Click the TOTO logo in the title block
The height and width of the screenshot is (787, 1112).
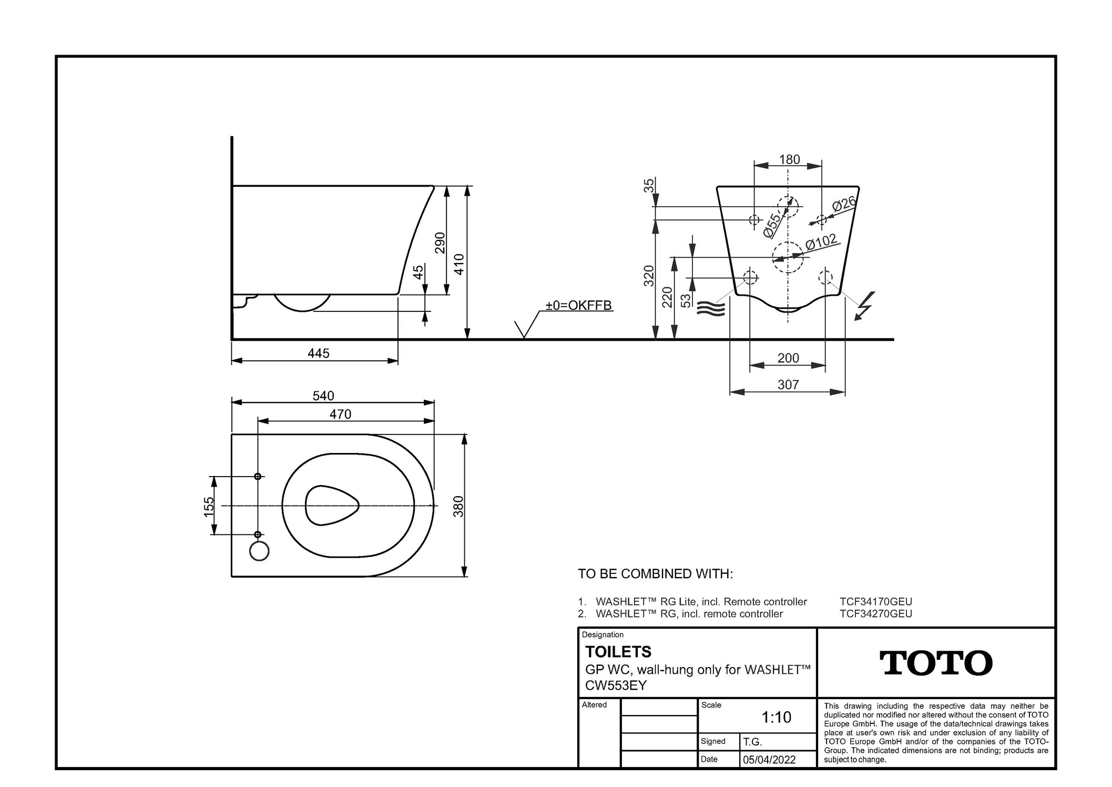[x=936, y=663]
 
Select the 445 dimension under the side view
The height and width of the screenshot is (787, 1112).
[x=319, y=353]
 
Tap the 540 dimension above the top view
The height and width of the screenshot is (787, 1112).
[x=323, y=396]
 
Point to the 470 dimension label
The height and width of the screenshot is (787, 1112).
[x=340, y=414]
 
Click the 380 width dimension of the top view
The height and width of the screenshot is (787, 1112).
[x=458, y=506]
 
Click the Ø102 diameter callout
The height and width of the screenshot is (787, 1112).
[x=821, y=243]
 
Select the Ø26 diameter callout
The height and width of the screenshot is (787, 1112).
[x=844, y=204]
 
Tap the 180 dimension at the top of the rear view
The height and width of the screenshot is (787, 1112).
[x=789, y=159]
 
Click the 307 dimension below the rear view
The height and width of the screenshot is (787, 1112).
[x=788, y=385]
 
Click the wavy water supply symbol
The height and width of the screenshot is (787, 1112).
[x=711, y=309]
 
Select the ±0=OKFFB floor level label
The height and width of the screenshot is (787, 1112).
[x=578, y=305]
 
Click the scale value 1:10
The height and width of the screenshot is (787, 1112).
[x=777, y=717]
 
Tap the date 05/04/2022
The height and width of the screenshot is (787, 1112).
[x=769, y=760]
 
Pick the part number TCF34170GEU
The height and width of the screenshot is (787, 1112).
[x=876, y=601]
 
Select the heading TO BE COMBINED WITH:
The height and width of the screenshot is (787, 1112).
[x=655, y=573]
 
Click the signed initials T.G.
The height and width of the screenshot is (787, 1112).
[x=752, y=742]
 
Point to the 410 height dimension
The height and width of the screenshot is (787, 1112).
[x=459, y=264]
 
